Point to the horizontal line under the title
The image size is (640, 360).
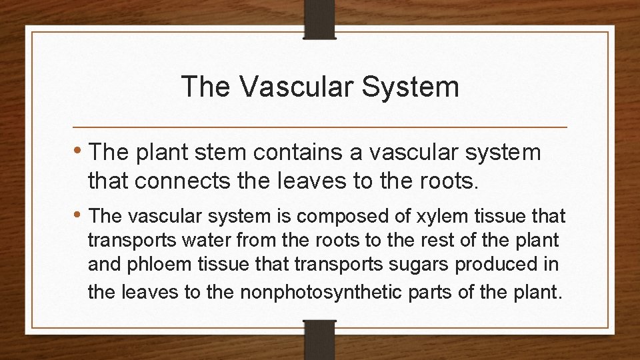(320, 127)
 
